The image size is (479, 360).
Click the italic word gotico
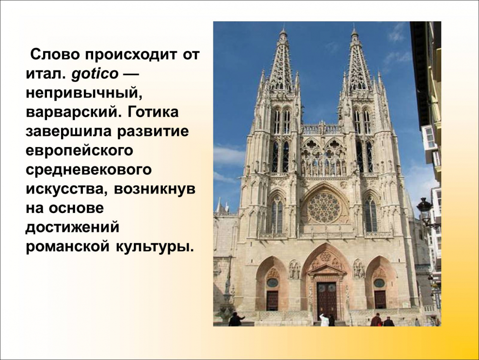coord(95,74)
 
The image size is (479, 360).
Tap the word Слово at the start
coord(55,53)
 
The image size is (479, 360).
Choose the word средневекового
coord(89,170)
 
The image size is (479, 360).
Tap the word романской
coord(67,246)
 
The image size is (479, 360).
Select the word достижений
coord(72,227)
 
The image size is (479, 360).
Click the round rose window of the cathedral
coord(324,207)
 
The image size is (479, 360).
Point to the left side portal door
coord(272,300)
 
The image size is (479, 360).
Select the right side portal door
coord(380,299)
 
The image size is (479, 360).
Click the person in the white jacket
coord(324,320)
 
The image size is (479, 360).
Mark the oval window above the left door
coord(272,282)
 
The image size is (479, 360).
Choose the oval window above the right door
coord(380,282)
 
